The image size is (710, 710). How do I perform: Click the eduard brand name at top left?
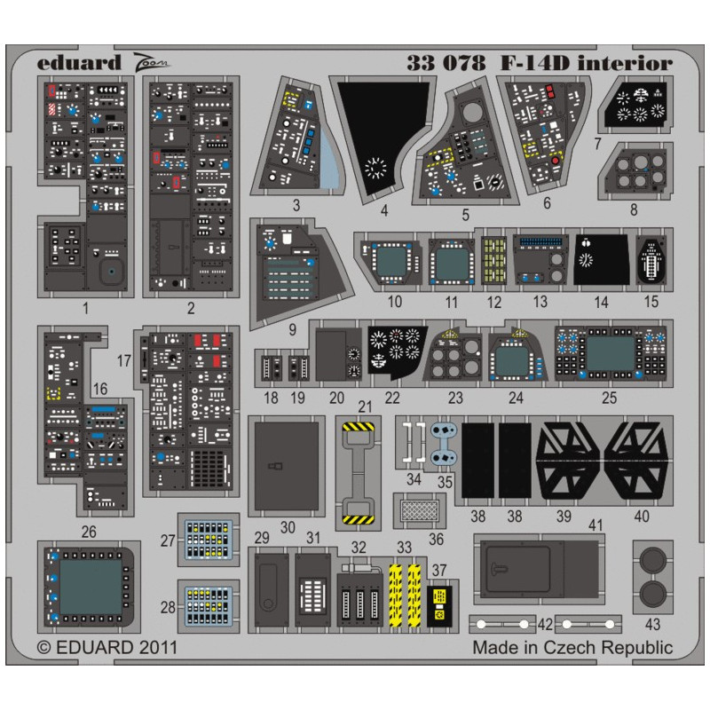[x=79, y=62]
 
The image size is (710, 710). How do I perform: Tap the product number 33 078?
[x=446, y=63]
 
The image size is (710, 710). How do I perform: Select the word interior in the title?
[x=625, y=63]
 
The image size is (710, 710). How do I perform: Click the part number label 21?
[x=365, y=406]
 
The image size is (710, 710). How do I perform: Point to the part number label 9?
[x=293, y=329]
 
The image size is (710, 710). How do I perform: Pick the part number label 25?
[x=609, y=398]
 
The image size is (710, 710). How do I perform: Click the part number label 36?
[x=436, y=539]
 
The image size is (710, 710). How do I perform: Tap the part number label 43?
[x=652, y=625]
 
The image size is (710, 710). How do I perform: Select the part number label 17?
[x=123, y=361]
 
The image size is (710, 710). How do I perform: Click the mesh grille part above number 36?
[x=419, y=511]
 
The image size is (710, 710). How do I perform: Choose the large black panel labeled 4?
[x=383, y=138]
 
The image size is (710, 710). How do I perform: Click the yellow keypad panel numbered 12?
[x=493, y=260]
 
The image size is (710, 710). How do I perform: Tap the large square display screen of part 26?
[x=91, y=586]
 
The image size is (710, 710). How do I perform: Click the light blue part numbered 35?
[x=443, y=444]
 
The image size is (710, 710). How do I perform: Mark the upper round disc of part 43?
[x=652, y=560]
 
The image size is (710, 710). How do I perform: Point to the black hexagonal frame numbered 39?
[x=568, y=461]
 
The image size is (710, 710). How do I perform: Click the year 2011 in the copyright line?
[x=158, y=648]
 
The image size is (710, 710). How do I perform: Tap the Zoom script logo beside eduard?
[x=151, y=63]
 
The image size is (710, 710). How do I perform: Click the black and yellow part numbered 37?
[x=439, y=606]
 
